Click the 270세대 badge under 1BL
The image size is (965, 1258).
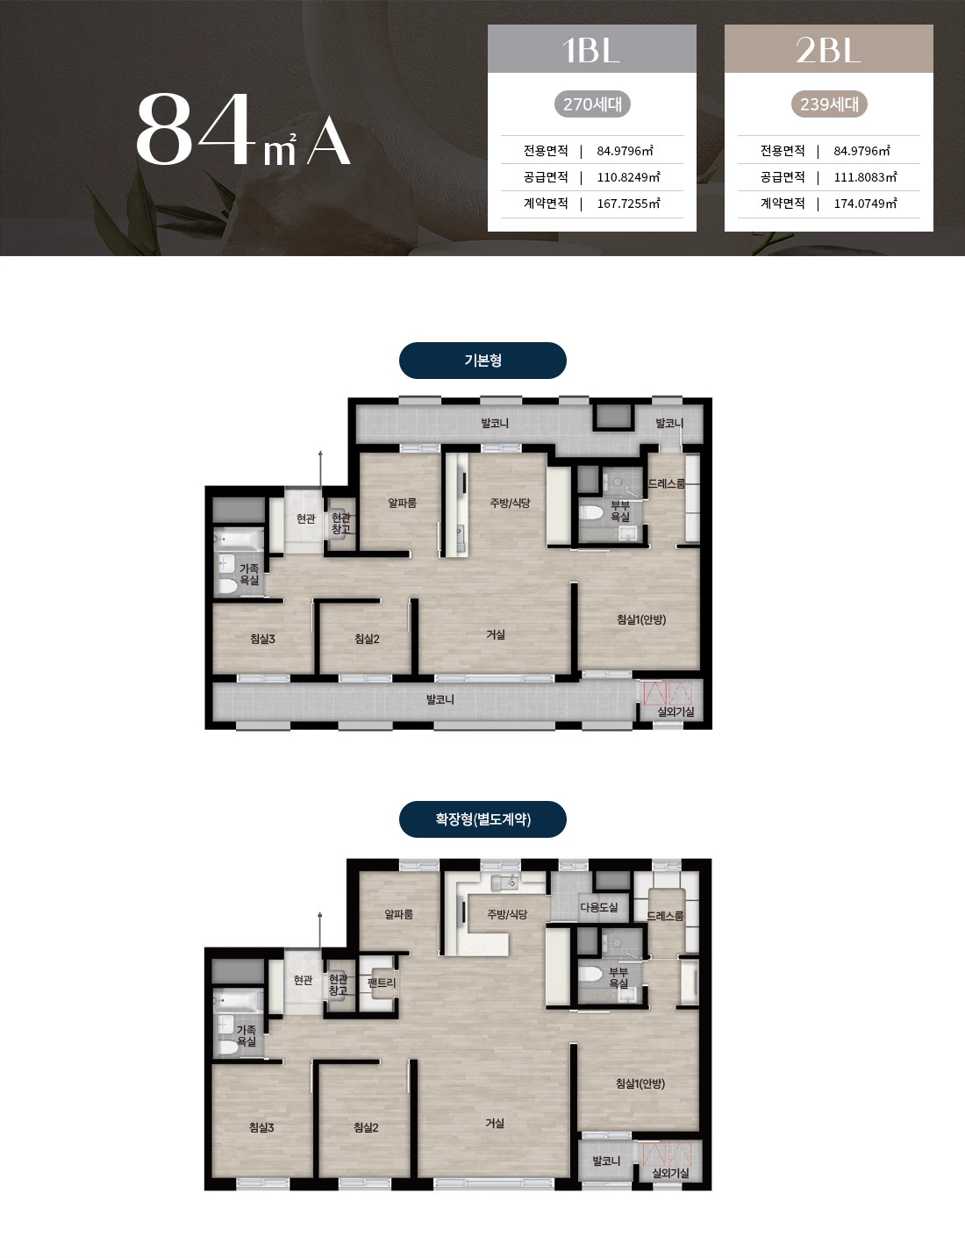pos(592,104)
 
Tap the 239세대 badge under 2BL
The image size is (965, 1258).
pos(829,104)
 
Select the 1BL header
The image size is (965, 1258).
pos(591,48)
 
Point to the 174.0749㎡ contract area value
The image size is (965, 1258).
pos(866,204)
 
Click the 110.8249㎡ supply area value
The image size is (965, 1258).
pos(629,177)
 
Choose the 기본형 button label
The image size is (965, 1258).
pos(482,360)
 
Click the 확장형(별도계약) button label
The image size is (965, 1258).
pos(482,818)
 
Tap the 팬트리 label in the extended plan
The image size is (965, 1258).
pos(382,983)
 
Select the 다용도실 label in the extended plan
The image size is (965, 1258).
pos(599,906)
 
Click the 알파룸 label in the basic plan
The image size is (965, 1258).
pos(402,503)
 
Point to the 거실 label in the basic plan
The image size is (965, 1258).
pos(496,634)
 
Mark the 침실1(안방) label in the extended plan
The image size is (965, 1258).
pos(640,1083)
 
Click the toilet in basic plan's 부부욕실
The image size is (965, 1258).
pos(591,512)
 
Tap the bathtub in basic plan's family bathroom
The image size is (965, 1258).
pos(239,540)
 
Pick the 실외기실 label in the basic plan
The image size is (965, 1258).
pos(675,711)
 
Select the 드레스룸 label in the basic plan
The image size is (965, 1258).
pos(667,483)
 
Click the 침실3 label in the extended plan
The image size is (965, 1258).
pos(261,1127)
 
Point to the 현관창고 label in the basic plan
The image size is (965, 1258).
pos(341,524)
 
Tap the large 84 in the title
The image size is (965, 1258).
pos(195,129)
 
